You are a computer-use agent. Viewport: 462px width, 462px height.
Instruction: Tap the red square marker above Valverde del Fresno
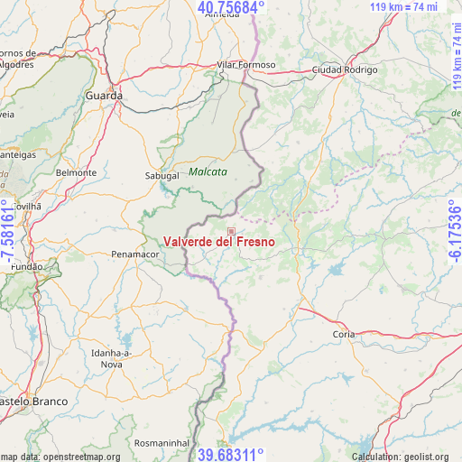coord(231,231)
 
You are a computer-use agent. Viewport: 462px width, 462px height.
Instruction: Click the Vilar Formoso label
coord(246,65)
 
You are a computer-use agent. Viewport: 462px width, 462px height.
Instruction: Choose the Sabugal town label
coord(162,176)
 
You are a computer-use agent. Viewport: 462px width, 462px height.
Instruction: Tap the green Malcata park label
coord(208,171)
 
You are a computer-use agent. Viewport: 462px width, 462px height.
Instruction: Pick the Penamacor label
coord(134,255)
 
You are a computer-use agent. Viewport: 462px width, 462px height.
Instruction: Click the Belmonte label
coord(76,172)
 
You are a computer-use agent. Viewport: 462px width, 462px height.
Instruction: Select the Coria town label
coord(344,334)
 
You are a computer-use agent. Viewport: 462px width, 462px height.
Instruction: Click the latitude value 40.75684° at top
coord(231,8)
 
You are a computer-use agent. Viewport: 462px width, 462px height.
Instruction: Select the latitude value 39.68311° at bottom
coord(231,454)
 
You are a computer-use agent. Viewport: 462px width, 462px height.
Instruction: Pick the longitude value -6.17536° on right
coord(454,231)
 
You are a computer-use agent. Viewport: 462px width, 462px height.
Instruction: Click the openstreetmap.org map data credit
coord(60,457)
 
